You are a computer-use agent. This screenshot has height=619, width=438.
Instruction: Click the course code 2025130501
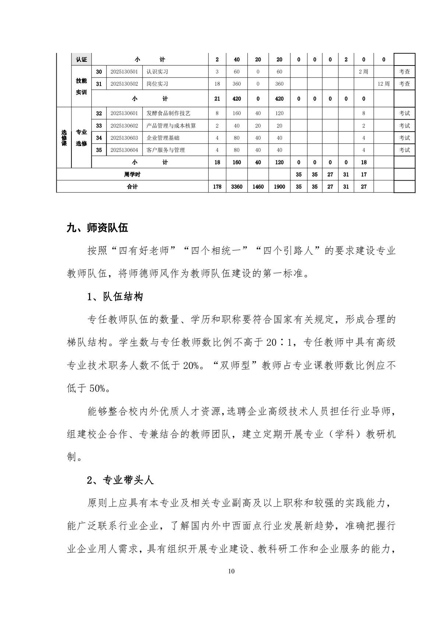(124, 72)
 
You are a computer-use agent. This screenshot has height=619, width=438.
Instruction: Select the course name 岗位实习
(157, 84)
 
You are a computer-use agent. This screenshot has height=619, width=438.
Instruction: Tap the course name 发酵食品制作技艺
(168, 113)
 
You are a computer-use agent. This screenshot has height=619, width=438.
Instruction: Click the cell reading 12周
(383, 84)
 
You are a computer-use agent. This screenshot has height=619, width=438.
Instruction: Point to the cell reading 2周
(363, 72)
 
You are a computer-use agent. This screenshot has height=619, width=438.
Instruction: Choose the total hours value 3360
(236, 187)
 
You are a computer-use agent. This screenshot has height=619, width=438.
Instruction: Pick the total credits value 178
(217, 187)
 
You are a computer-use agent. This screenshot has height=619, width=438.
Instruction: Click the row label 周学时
(132, 175)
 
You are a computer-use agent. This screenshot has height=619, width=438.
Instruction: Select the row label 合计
(132, 187)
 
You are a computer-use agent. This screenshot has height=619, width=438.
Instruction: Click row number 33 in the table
(99, 126)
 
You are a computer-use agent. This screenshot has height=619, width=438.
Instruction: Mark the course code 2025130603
(124, 138)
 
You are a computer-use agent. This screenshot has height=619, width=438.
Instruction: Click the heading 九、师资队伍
(97, 228)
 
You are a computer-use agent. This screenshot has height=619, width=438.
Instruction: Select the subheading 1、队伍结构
(115, 297)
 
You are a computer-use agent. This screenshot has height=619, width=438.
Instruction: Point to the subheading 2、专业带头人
(120, 480)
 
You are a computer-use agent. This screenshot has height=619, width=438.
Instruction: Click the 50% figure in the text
(97, 389)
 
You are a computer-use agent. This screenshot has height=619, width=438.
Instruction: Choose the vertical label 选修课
(64, 138)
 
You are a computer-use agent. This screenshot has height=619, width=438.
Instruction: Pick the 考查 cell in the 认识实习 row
(404, 72)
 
